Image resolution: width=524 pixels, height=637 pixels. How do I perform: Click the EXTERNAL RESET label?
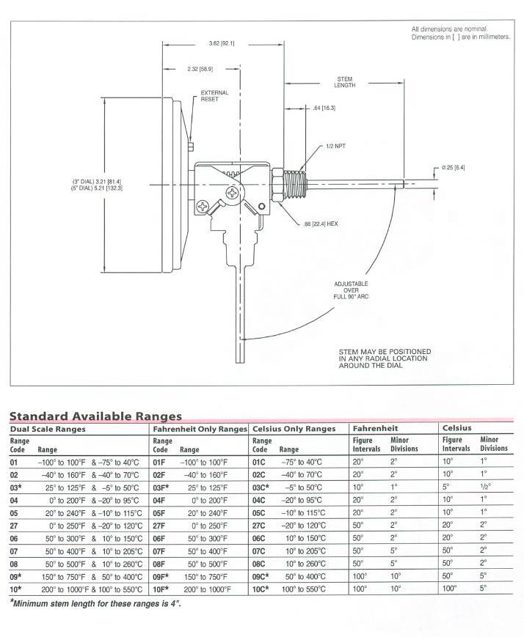214,96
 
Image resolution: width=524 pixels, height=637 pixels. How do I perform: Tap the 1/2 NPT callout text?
335,146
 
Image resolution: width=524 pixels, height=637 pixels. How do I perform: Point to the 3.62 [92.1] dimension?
221,44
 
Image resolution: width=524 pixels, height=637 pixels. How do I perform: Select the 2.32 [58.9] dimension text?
199,69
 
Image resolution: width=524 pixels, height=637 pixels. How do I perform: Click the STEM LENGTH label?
346,82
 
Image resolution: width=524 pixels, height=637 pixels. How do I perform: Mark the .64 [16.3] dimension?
324,108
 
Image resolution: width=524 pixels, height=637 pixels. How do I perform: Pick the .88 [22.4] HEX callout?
320,223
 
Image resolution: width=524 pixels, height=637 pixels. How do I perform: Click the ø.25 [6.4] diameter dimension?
453,167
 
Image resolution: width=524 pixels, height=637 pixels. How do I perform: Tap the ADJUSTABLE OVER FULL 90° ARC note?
351,289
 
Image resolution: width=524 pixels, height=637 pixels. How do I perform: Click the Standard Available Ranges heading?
95,416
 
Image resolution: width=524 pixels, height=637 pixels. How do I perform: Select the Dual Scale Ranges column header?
48,429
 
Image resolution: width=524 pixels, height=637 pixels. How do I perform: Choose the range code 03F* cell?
163,487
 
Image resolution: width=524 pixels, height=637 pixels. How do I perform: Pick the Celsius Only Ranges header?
294,429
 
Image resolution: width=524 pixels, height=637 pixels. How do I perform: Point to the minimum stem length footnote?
95,603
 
